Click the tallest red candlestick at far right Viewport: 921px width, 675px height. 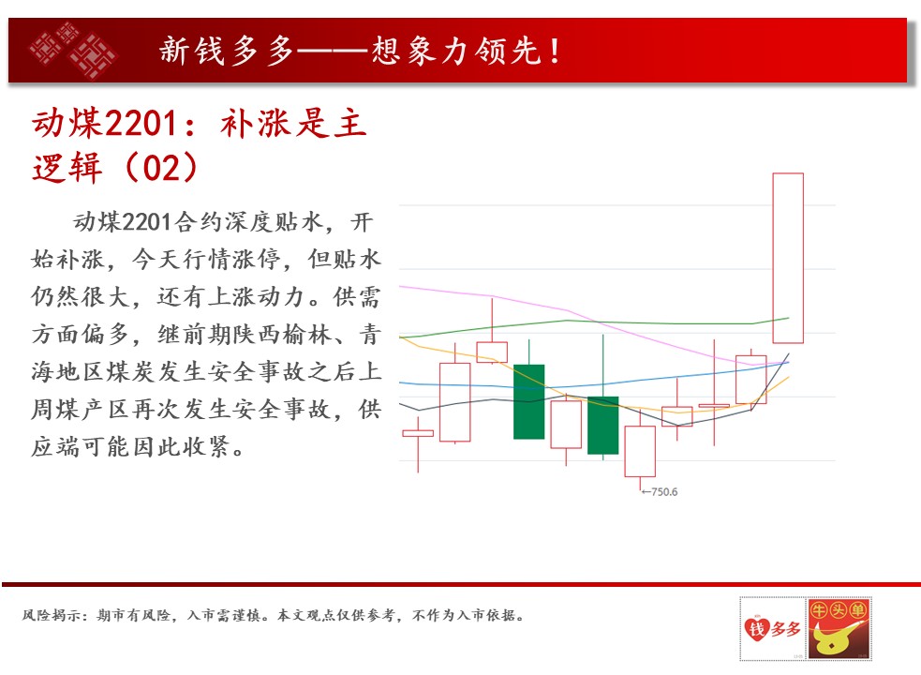coord(788,258)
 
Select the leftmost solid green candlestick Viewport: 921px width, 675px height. coord(528,401)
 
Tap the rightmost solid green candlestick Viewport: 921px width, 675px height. coord(602,425)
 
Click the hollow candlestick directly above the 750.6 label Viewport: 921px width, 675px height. coord(640,451)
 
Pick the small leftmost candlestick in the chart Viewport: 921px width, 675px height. coord(418,434)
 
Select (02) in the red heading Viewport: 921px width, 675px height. coord(161,168)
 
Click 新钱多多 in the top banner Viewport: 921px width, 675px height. coord(226,51)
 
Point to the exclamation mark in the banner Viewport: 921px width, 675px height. coord(555,51)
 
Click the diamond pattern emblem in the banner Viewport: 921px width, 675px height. coord(73,50)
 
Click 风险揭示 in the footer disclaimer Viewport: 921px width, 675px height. coord(52,616)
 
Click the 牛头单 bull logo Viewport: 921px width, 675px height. coord(839,628)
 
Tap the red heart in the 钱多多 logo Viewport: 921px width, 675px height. coord(756,628)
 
